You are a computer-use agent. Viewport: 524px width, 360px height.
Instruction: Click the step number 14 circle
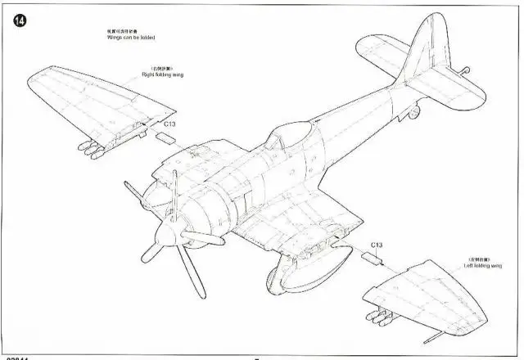(18, 20)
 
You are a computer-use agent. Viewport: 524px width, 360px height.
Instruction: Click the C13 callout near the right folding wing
(168, 124)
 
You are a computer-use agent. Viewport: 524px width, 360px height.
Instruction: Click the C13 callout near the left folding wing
(376, 245)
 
